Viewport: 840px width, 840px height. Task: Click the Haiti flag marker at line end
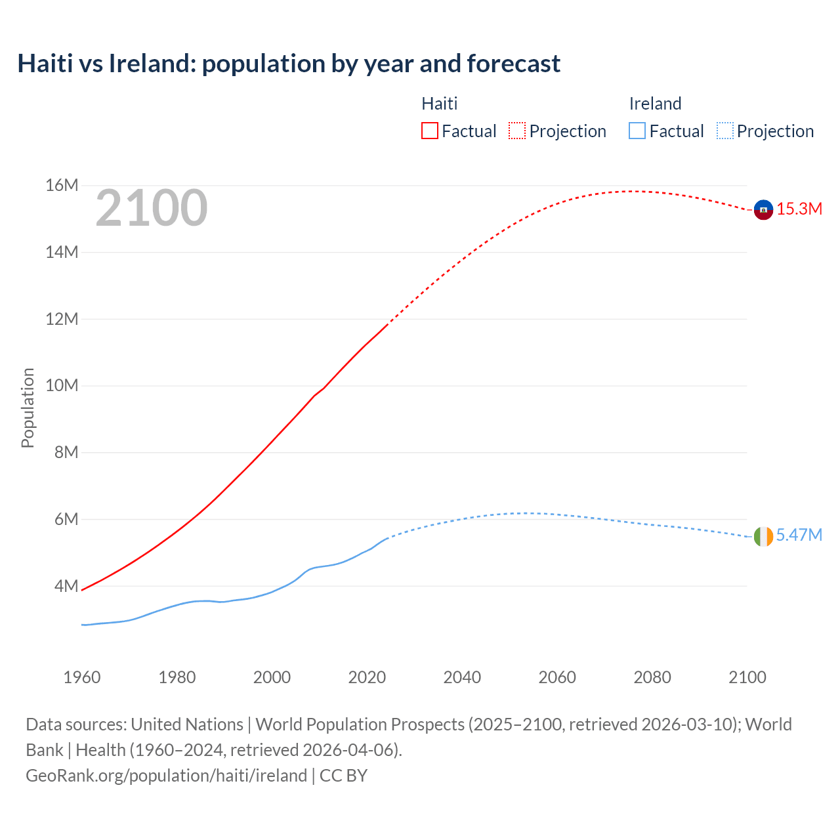coord(763,209)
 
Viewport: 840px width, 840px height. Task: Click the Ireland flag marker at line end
coord(763,536)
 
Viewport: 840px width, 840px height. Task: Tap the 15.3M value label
coord(799,209)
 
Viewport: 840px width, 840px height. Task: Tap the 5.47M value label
coord(799,535)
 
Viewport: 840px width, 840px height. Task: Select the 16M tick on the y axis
coord(62,186)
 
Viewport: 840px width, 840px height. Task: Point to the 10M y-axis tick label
coord(62,386)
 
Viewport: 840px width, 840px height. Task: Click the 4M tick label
coord(66,586)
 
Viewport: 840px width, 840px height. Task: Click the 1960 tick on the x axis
coord(82,677)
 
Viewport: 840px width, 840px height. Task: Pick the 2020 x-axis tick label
coord(367,677)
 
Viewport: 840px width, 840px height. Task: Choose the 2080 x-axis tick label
coord(652,677)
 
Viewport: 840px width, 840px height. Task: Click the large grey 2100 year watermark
coord(152,208)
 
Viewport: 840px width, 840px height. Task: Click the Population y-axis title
coord(28,408)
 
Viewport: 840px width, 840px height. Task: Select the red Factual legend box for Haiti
coord(430,131)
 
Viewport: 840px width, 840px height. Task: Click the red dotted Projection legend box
coord(517,131)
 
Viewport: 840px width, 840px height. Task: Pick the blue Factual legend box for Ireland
coord(637,131)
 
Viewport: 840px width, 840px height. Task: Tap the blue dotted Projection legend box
coord(725,131)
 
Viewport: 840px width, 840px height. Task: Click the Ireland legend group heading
coord(655,104)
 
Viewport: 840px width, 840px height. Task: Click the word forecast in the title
coord(513,64)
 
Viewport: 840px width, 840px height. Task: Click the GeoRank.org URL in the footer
coord(166,776)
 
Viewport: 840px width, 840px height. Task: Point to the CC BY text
coord(343,776)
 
